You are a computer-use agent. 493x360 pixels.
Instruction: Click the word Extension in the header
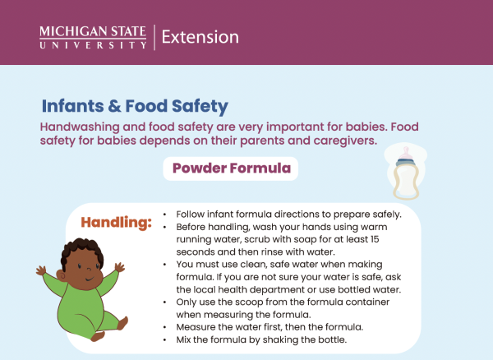[200, 37]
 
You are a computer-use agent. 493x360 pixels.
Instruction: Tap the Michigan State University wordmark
[93, 37]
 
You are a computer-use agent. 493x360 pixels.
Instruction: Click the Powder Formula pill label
[231, 169]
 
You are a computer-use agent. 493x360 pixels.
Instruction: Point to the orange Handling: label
[117, 223]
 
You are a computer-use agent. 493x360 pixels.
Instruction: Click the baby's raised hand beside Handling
[121, 268]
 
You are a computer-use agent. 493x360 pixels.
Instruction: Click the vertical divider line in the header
[154, 37]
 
